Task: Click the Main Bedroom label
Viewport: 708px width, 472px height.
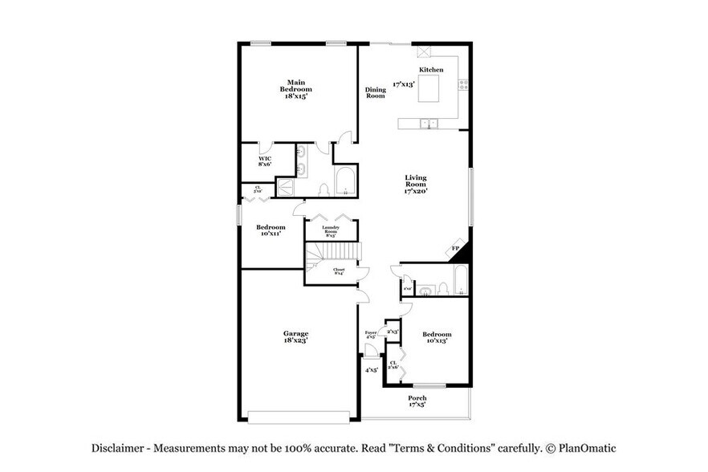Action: [x=295, y=88]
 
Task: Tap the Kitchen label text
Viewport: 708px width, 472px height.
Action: [x=431, y=71]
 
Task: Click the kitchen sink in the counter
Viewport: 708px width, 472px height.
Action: [x=429, y=124]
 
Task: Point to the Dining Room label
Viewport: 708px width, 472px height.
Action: [x=376, y=92]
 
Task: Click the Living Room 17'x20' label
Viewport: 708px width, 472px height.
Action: [x=415, y=185]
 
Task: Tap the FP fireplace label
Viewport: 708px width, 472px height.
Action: [x=454, y=249]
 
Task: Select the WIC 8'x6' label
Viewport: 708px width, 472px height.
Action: [x=264, y=161]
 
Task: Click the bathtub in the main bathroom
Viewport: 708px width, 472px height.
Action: [x=345, y=181]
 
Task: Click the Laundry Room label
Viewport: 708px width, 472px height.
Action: [x=331, y=230]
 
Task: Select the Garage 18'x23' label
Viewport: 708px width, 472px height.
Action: [x=295, y=337]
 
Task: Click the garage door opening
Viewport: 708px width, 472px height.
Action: [x=299, y=416]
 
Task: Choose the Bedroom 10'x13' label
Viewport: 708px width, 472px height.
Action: [x=437, y=337]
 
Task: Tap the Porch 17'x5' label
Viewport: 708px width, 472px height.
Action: [x=417, y=401]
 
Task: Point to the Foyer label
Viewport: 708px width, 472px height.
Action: [x=370, y=334]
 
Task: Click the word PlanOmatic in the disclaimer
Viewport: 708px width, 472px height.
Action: [x=584, y=449]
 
